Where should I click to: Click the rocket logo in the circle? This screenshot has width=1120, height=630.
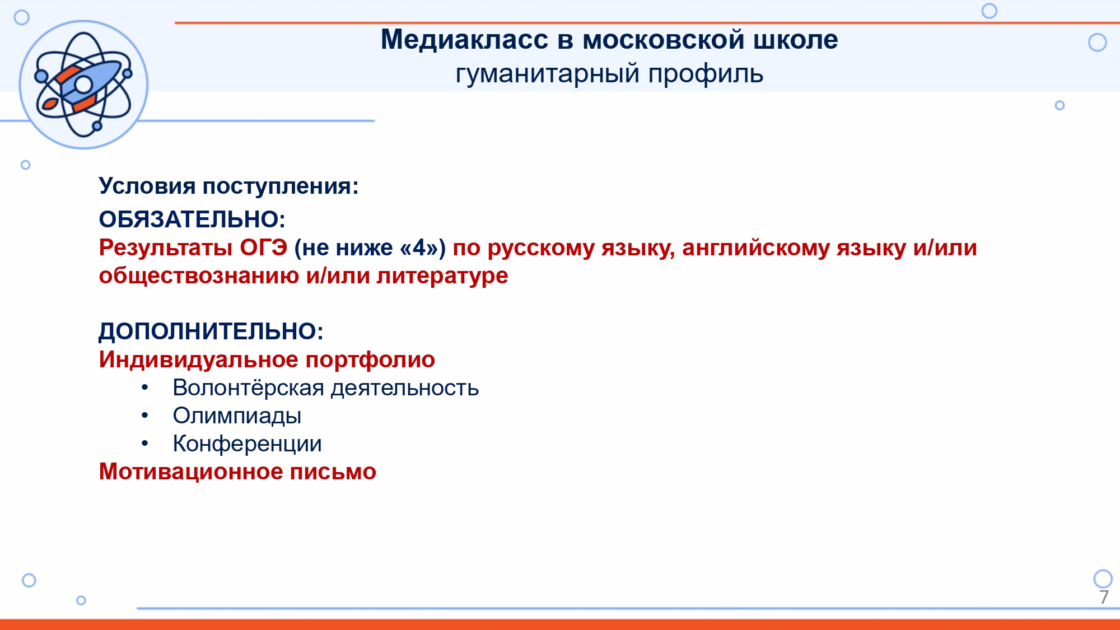coord(83,85)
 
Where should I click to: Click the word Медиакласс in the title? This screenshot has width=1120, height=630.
coord(464,40)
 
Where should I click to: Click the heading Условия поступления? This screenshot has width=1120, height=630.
coord(228,186)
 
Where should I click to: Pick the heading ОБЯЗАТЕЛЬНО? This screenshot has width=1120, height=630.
coord(192,219)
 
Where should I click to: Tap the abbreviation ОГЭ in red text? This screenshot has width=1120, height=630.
coord(264,247)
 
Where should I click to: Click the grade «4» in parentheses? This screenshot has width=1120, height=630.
coord(419,247)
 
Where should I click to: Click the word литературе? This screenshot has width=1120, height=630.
coord(442,276)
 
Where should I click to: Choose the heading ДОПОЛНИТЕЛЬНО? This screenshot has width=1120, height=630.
coord(211,332)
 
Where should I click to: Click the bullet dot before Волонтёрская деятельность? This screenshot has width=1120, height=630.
coord(145,388)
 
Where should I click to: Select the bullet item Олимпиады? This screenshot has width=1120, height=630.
coord(237,416)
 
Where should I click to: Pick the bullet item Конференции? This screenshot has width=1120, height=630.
coord(247,444)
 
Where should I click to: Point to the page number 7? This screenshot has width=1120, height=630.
coord(1104,597)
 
